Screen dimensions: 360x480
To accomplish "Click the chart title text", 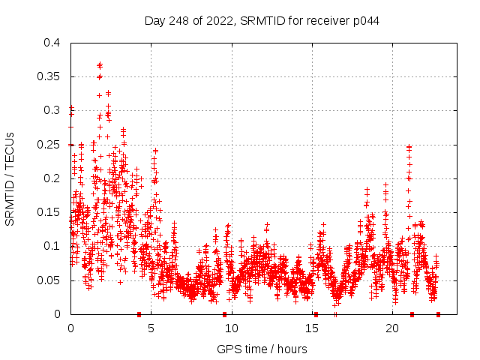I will click(262, 20).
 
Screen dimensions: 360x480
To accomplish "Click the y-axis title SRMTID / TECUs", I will click(10, 178).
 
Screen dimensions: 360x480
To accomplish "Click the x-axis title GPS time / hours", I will click(262, 349).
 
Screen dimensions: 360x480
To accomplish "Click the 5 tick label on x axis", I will click(151, 328).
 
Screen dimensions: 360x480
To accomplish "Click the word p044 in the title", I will click(366, 20).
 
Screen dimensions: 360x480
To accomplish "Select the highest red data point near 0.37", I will click(100, 64).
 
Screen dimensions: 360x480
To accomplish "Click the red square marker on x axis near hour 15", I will click(316, 314).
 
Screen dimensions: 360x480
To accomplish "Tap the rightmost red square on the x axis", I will click(438, 314).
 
